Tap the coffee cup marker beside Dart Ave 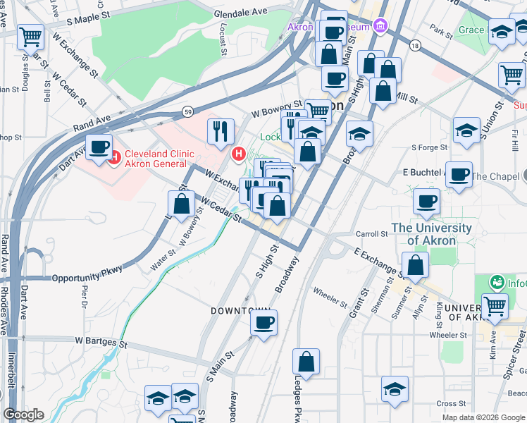click(x=99, y=147)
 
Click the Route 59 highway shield click(x=187, y=111)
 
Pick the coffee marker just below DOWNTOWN click(x=264, y=323)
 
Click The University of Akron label click(x=431, y=234)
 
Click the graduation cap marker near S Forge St click(x=466, y=130)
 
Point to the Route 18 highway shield click(x=415, y=46)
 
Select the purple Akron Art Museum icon click(x=380, y=27)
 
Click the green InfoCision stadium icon click(x=497, y=283)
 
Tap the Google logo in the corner click(x=24, y=415)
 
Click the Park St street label click(x=442, y=32)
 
